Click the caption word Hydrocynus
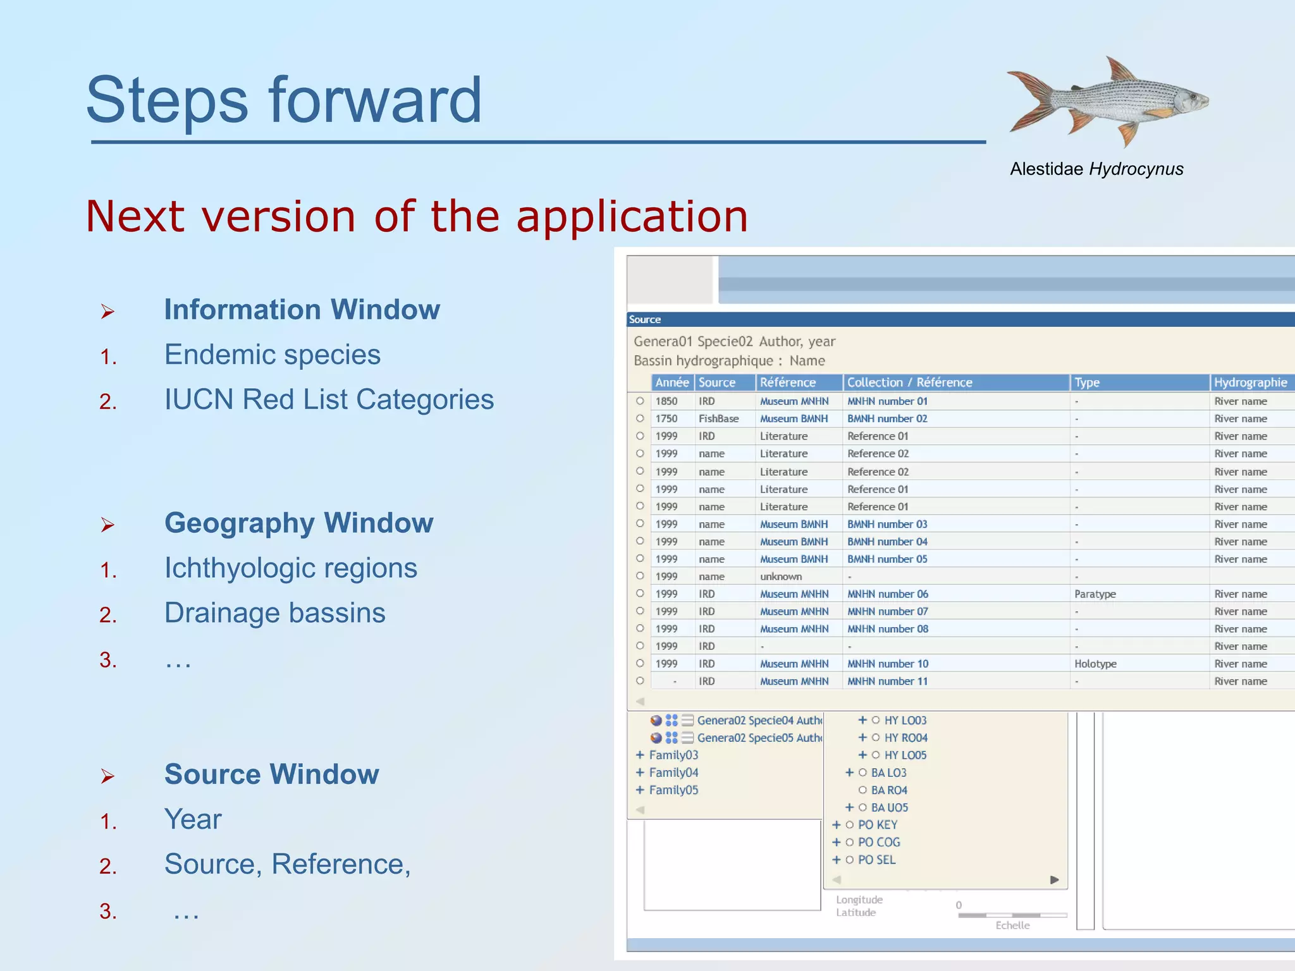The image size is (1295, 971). (1136, 169)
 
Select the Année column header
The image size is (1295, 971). (672, 382)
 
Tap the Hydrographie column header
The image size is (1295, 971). (1250, 382)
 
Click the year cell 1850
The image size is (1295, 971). (666, 401)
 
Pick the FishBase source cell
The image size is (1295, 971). (718, 418)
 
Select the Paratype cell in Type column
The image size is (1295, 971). (1095, 594)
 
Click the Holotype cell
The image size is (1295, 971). (1095, 664)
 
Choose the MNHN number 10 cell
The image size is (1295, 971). (888, 664)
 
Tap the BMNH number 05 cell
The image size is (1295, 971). (887, 559)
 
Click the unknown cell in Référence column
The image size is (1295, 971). (781, 577)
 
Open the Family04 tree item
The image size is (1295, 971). (673, 773)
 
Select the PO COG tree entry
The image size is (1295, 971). (879, 843)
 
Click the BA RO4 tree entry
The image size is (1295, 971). (889, 790)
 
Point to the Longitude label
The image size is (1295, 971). (859, 900)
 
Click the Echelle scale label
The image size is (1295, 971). (1012, 925)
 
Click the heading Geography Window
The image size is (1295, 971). (298, 523)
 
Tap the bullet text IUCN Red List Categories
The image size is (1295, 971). (329, 400)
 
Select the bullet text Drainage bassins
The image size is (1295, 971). (274, 613)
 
